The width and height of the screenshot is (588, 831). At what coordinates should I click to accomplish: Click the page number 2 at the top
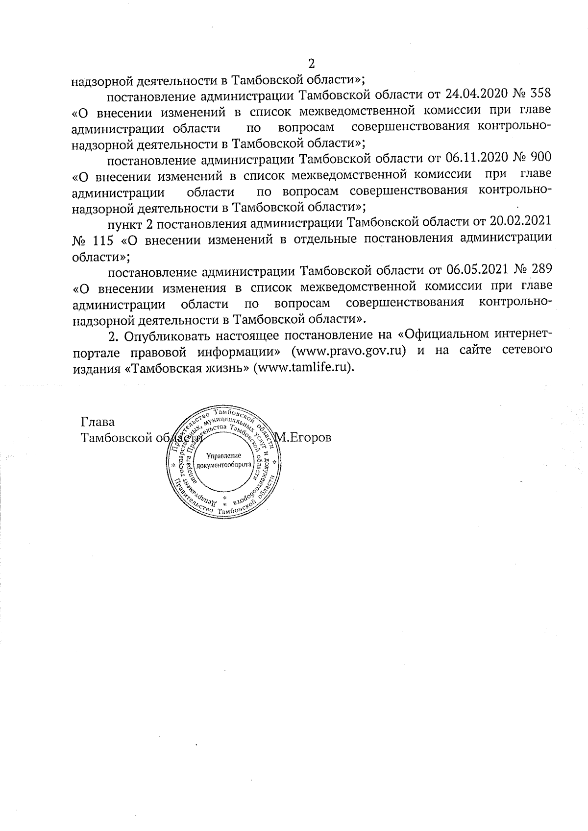[310, 64]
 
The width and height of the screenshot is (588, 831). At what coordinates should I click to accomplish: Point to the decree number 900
[540, 158]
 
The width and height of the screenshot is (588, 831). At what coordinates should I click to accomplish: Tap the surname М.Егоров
[303, 437]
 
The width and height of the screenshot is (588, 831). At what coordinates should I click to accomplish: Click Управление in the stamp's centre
[222, 455]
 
